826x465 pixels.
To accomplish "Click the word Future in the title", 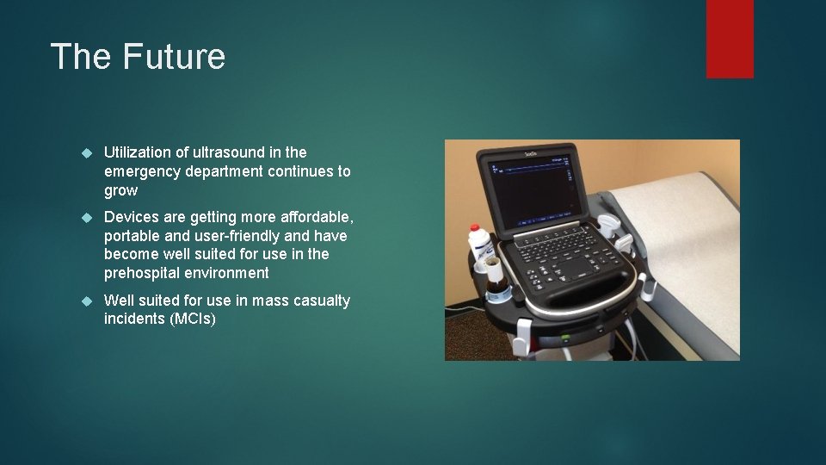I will click(175, 57).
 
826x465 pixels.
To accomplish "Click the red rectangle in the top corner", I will click(730, 38).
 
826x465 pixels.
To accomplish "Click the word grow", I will click(120, 190).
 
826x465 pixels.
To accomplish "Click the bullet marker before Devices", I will click(85, 217).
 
